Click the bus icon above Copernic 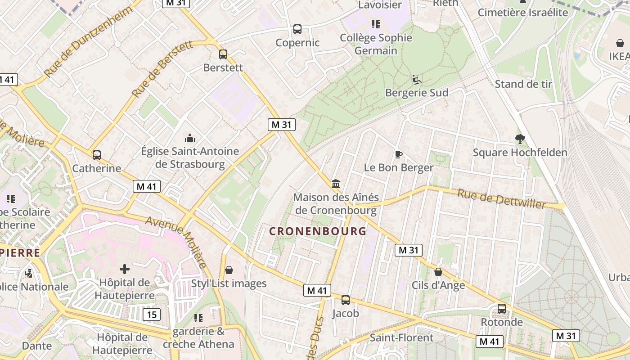(297, 29)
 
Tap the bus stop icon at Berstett (223, 54)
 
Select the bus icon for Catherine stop (97, 155)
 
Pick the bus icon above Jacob (346, 300)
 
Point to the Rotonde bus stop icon (502, 309)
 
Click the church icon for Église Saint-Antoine (190, 138)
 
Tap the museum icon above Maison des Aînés (336, 184)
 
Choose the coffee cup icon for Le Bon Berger (398, 155)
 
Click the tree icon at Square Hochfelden (520, 139)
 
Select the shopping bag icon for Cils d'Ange (438, 272)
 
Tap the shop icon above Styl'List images (229, 270)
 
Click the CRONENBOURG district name (318, 231)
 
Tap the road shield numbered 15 (152, 314)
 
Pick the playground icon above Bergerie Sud (417, 80)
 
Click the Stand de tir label (523, 84)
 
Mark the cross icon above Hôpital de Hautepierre (125, 269)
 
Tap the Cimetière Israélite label (523, 12)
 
